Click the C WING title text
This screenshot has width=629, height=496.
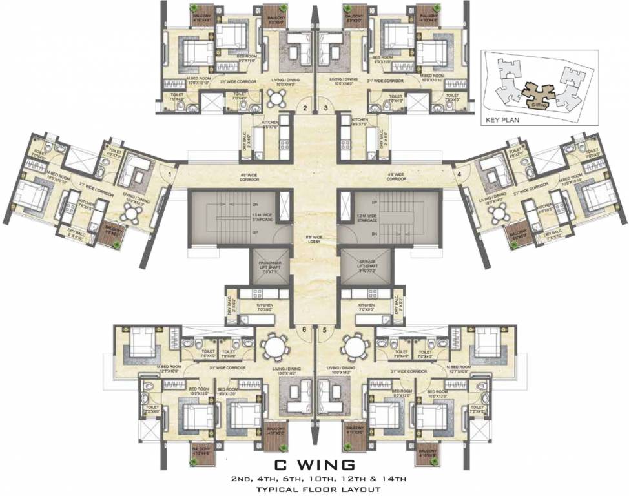pyautogui.click(x=314, y=464)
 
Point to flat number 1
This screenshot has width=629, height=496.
pyautogui.click(x=170, y=173)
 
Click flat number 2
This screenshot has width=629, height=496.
pyautogui.click(x=305, y=108)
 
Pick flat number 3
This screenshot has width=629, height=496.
pyautogui.click(x=326, y=108)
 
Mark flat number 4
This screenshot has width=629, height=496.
pyautogui.click(x=459, y=173)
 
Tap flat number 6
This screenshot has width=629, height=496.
pyautogui.click(x=304, y=329)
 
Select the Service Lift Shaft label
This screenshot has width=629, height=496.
pyautogui.click(x=362, y=265)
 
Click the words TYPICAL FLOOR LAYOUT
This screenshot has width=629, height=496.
pyautogui.click(x=314, y=489)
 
